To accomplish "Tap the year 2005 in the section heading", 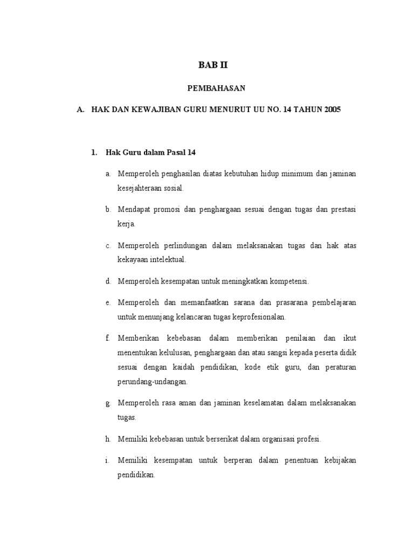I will click(332, 109).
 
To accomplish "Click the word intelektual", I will click(167, 259).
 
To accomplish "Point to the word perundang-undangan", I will click(153, 381).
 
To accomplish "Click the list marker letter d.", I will click(108, 281).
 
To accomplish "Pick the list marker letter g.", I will click(108, 403).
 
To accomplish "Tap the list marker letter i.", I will click(108, 460).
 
